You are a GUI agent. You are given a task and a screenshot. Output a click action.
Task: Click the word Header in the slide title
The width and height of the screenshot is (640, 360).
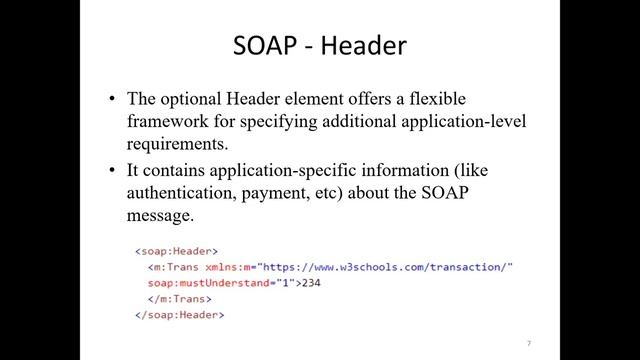point(363,46)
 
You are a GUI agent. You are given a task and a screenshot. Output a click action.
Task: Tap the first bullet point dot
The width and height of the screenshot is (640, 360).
point(114,99)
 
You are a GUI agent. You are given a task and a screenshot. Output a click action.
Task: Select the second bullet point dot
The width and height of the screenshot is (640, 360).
point(114,171)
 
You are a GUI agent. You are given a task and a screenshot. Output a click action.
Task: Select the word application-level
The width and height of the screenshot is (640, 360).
point(468,121)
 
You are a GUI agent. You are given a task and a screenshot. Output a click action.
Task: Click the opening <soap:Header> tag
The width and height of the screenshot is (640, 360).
point(176,251)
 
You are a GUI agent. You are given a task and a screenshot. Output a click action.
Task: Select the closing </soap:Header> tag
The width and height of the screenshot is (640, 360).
point(180,315)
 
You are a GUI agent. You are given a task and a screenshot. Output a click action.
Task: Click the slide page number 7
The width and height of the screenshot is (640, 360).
point(528,343)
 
